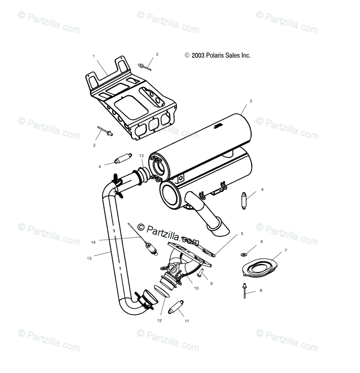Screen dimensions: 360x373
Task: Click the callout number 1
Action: point(94,56)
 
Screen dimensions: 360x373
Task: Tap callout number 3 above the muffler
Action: point(250,101)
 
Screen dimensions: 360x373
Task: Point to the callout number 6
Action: point(261,242)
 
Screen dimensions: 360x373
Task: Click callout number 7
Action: point(286,250)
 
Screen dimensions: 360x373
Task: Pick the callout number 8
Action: point(261,291)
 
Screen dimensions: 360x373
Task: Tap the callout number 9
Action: point(211,283)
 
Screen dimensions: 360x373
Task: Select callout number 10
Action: point(196,288)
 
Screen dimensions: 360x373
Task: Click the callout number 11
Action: point(187,321)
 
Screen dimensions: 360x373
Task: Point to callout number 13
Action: point(89,258)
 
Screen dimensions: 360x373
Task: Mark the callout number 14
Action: point(93,242)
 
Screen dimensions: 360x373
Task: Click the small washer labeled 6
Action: point(243,254)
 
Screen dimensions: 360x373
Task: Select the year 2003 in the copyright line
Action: point(198,55)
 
